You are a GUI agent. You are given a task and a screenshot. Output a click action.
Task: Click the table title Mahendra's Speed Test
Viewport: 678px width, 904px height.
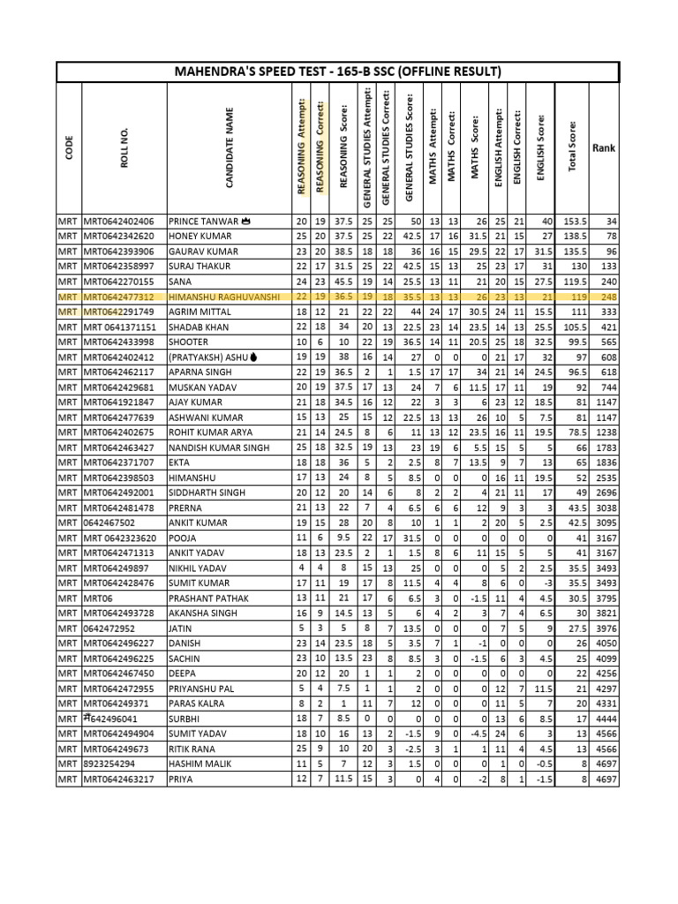(339, 72)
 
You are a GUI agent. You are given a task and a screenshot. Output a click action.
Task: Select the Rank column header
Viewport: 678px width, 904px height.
(604, 147)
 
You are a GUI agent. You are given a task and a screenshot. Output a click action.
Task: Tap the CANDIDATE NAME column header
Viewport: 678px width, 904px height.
(230, 148)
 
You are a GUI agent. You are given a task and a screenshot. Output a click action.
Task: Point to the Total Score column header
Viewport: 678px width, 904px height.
(572, 147)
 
